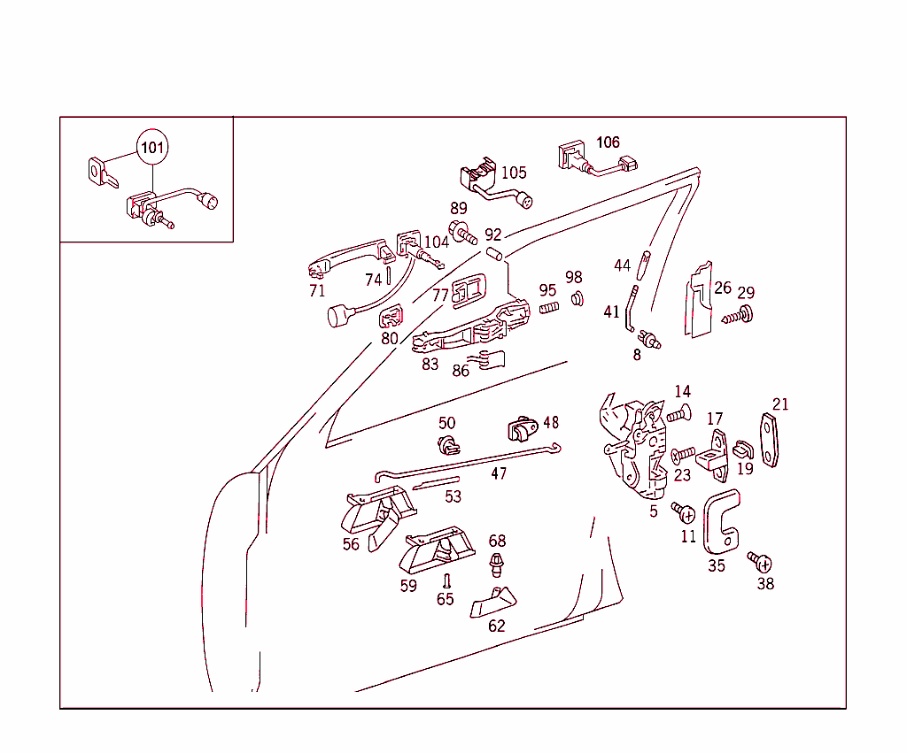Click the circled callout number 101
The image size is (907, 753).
[x=152, y=147]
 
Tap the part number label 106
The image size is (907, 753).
[x=608, y=142]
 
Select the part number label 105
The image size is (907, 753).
[x=514, y=173]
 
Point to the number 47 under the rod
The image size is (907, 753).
[x=499, y=473]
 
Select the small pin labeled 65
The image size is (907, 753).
[x=447, y=580]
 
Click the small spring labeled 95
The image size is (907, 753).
[x=548, y=308]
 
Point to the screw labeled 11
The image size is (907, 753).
[x=684, y=512]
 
